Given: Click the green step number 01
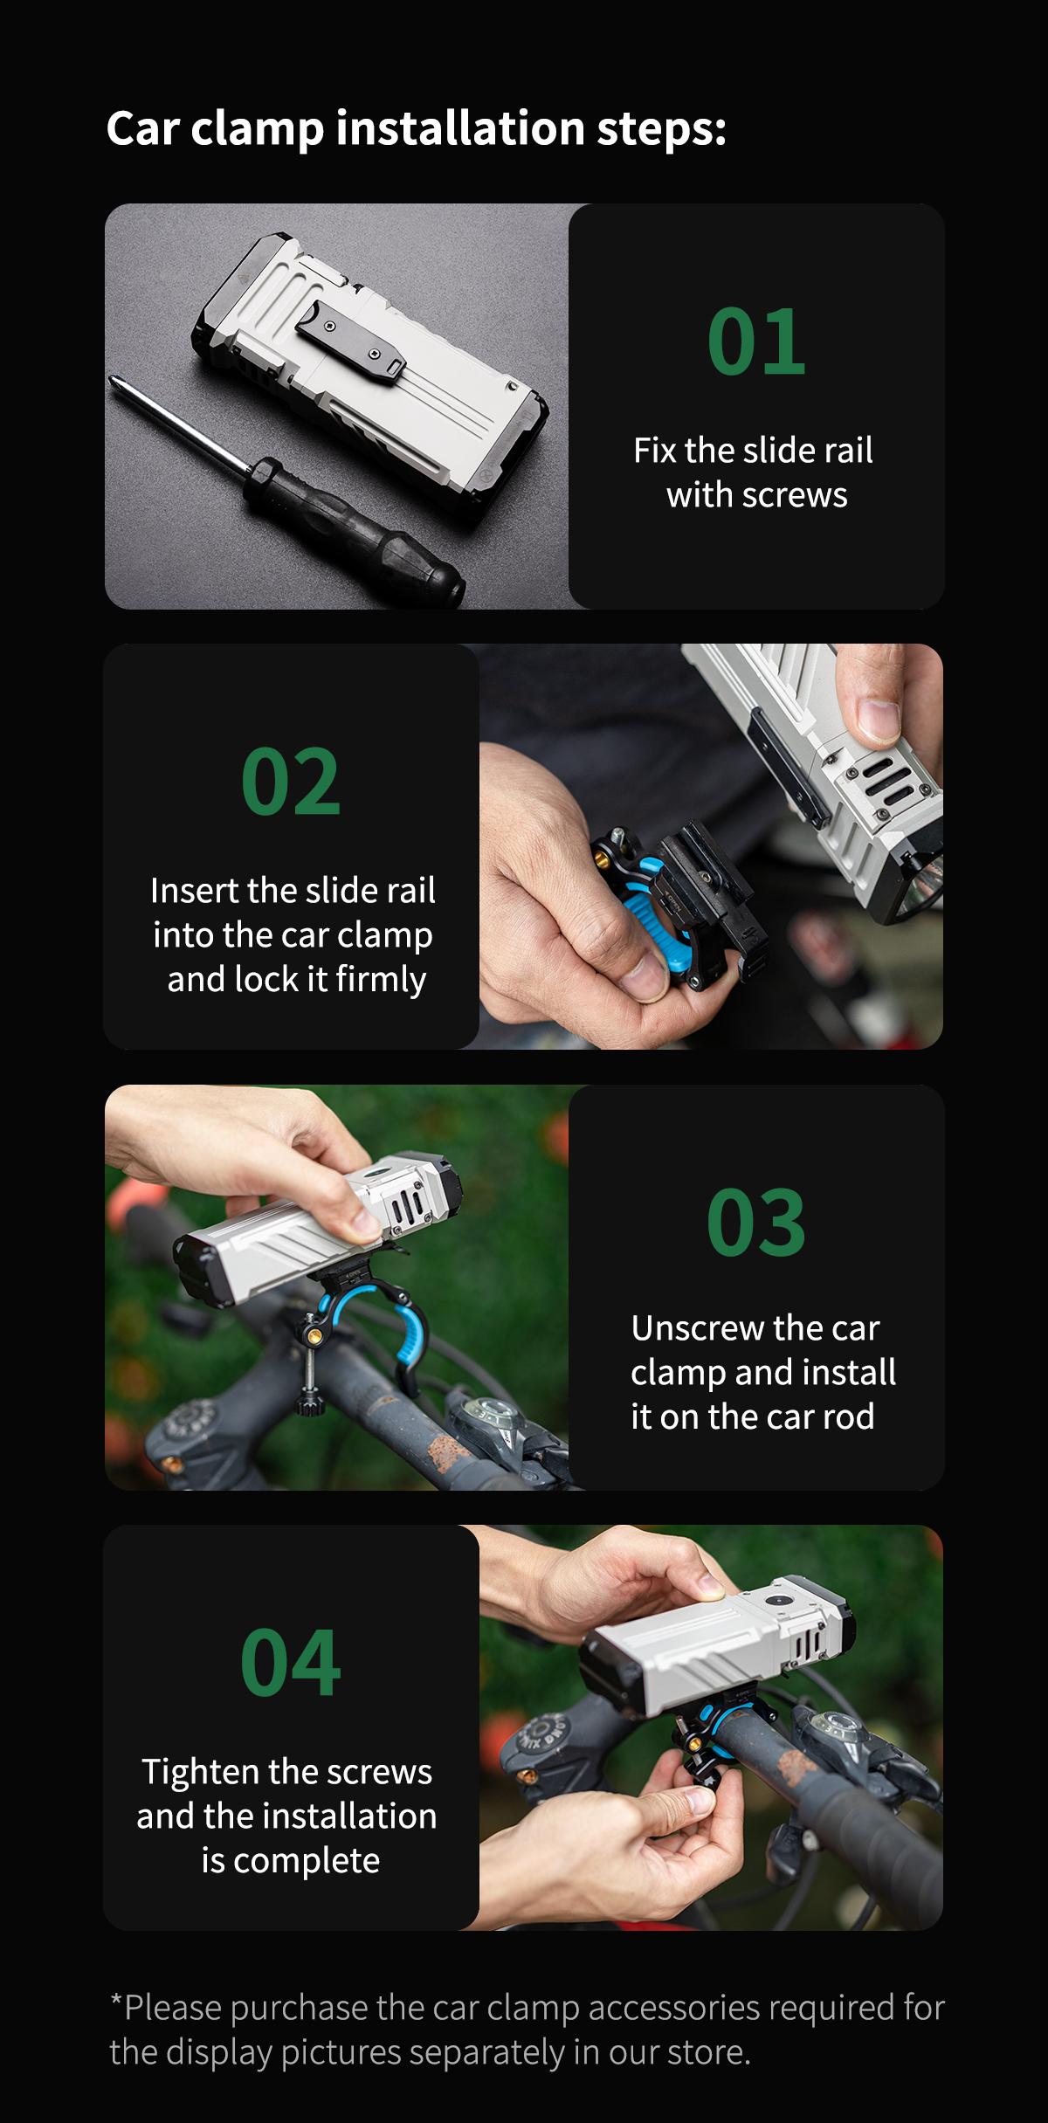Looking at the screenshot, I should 756,341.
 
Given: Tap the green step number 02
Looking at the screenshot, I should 290,782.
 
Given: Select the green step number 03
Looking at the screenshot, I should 755,1223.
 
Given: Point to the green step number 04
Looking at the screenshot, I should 290,1664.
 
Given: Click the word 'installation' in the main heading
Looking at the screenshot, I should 460,128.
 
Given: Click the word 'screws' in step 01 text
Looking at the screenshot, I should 794,495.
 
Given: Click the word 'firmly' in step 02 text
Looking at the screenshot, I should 381,980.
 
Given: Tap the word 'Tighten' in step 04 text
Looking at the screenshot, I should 199,1772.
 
